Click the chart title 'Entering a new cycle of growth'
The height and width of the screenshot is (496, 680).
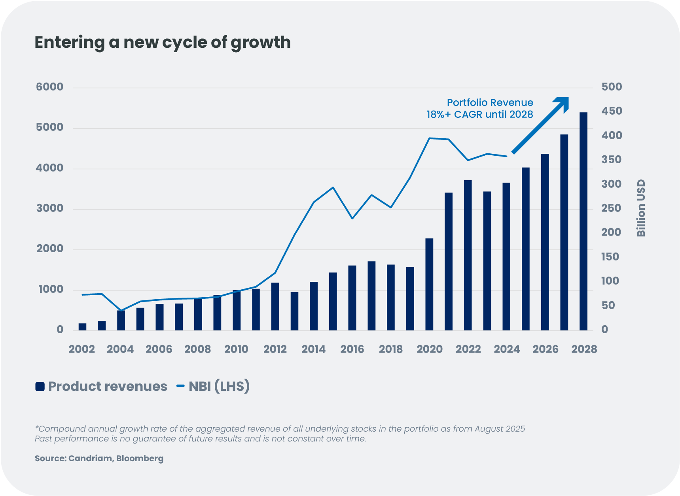[163, 42]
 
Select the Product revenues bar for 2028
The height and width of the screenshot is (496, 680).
[583, 221]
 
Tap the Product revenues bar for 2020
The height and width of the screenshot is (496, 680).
[429, 285]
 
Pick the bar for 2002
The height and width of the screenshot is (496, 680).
[82, 327]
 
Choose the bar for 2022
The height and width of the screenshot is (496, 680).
[468, 255]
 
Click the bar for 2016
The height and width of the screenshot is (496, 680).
[352, 298]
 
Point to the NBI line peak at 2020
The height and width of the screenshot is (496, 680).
[430, 138]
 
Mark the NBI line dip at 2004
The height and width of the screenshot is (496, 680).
[121, 311]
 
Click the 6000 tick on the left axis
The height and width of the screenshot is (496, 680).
[50, 87]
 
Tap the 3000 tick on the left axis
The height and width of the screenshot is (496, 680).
[50, 208]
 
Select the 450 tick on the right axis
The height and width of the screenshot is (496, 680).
[612, 111]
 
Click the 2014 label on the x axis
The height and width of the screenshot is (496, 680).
[313, 349]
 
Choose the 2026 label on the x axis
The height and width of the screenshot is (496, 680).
[545, 349]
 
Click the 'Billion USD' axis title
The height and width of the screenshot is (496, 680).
[641, 208]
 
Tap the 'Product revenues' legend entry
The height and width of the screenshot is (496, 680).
[107, 386]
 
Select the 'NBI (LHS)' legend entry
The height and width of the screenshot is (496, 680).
[219, 386]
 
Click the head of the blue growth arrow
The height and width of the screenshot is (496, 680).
[563, 103]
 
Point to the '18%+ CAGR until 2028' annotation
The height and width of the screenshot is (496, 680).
[479, 115]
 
